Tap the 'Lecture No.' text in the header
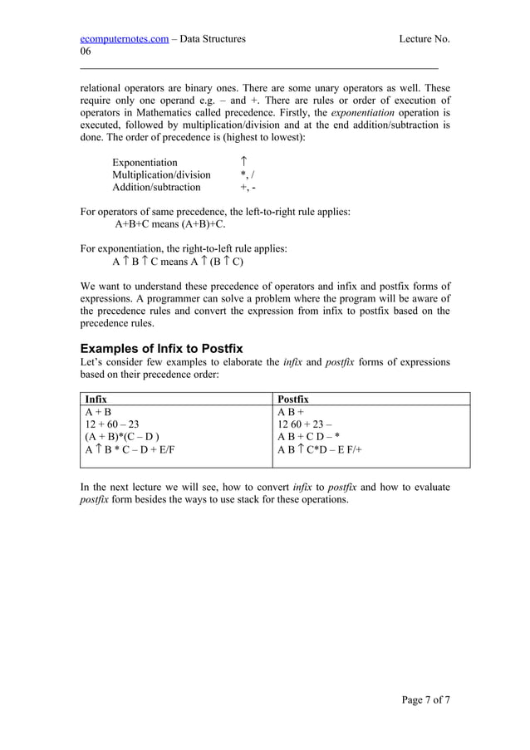click(424, 38)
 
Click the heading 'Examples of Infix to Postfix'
click(161, 348)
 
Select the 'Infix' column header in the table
click(96, 399)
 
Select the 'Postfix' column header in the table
click(293, 399)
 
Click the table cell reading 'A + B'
click(98, 411)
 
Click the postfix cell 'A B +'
click(291, 411)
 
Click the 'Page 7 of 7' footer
click(425, 699)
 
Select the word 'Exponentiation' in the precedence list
click(145, 162)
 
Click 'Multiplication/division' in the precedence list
click(161, 174)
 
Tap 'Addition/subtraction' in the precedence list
click(156, 187)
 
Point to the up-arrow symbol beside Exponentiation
click(243, 161)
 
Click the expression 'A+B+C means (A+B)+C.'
click(170, 223)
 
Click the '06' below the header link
click(86, 51)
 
